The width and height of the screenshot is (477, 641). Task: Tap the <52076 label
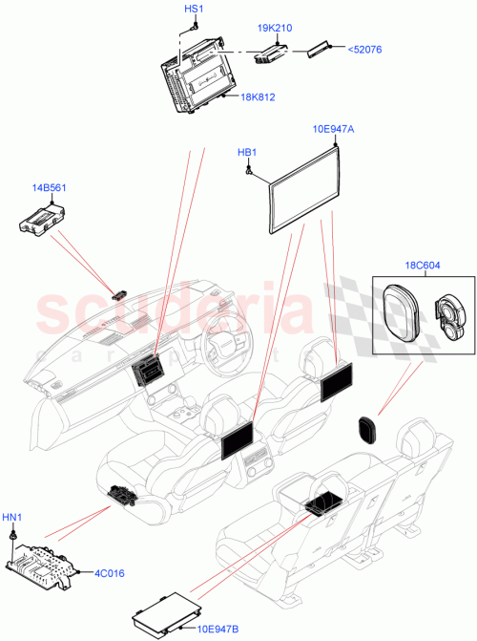click(362, 50)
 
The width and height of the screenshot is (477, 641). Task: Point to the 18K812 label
click(259, 96)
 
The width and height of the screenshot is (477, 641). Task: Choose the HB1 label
click(247, 152)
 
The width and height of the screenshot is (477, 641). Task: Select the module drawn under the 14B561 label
click(43, 224)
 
